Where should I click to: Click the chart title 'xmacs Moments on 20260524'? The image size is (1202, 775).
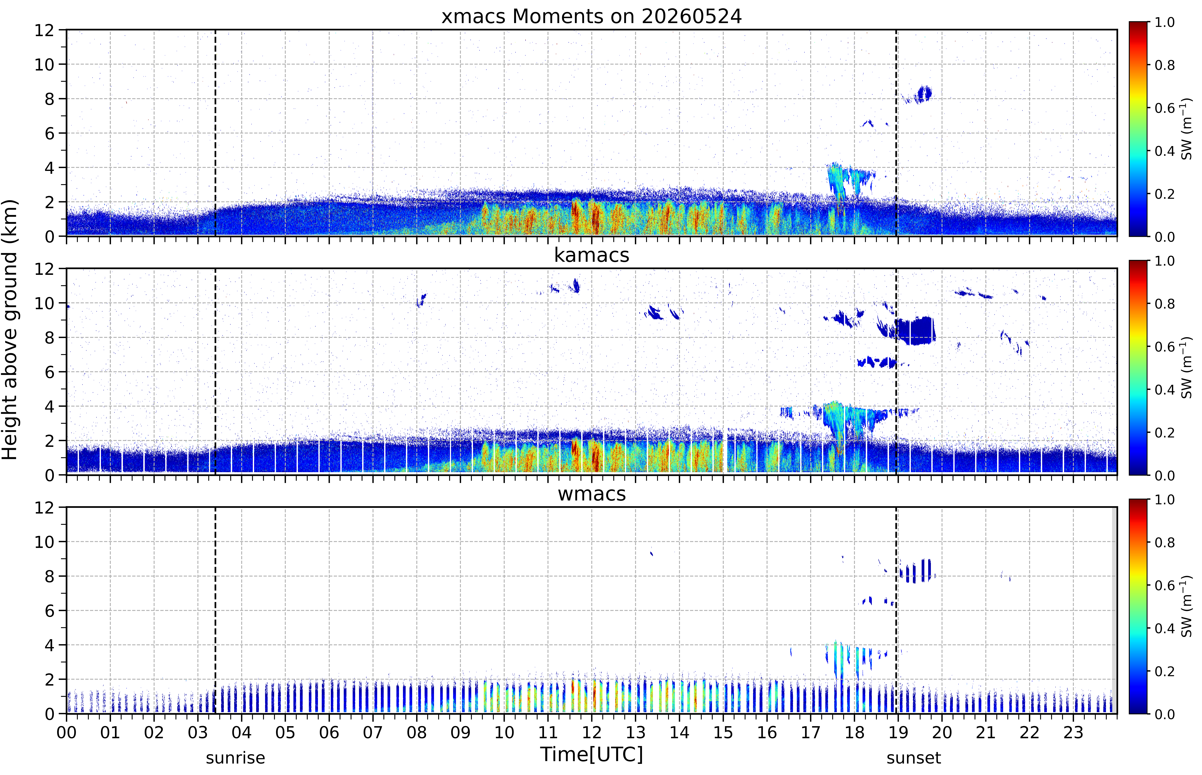tap(591, 17)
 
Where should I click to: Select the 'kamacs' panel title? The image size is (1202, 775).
tap(591, 255)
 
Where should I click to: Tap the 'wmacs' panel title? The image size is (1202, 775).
tap(591, 494)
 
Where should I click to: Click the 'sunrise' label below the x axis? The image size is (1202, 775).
tap(235, 758)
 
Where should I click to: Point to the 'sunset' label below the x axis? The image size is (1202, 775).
tap(914, 758)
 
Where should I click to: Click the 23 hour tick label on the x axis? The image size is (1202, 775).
tap(1073, 732)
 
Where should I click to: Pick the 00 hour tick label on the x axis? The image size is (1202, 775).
tap(66, 732)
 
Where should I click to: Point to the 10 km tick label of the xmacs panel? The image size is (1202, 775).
tap(44, 64)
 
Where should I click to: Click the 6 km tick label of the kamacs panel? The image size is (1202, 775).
tap(49, 372)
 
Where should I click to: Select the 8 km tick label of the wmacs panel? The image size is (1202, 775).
tap(49, 576)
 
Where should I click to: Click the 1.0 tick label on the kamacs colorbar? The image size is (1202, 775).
tap(1164, 261)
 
